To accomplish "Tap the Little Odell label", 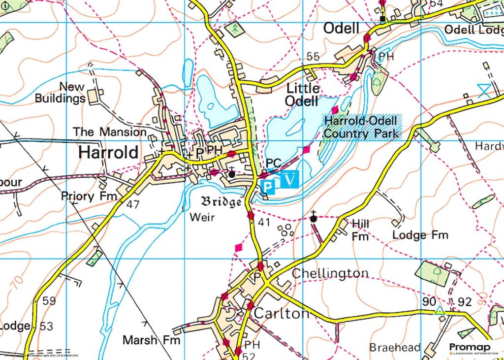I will [303, 95].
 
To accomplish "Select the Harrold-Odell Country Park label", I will [361, 126].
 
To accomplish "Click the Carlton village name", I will [282, 314].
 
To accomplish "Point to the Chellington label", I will [330, 273].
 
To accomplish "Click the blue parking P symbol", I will [268, 186].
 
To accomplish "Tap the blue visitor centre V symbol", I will [291, 179].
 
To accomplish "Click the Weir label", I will [202, 217].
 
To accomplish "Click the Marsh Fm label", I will [152, 340].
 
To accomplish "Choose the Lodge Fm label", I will [420, 235].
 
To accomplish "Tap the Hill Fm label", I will [360, 230].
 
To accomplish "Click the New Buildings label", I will [60, 93].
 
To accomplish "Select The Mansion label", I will [109, 132].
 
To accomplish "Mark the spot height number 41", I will [264, 223].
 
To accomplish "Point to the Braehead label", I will [395, 347].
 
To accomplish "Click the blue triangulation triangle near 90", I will [440, 311].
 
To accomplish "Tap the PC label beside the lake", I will [273, 163].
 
